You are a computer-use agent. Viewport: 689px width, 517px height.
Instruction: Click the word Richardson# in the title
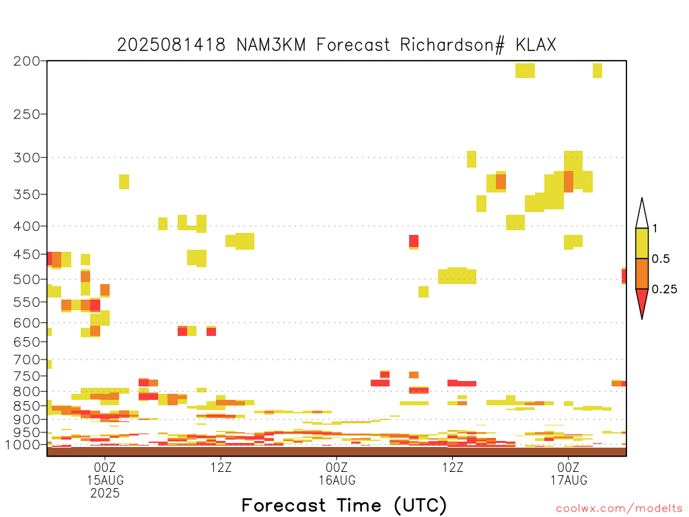coord(451,45)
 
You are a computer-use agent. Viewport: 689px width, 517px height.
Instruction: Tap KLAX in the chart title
coord(536,45)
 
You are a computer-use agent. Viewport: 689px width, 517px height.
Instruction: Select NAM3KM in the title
coord(271,45)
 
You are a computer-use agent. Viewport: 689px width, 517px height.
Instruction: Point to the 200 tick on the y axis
coord(27,61)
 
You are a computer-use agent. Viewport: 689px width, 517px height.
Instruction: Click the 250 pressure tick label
coord(27,114)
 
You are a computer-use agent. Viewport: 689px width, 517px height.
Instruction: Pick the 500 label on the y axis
coord(27,279)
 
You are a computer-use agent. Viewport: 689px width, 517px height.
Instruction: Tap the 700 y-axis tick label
coord(27,359)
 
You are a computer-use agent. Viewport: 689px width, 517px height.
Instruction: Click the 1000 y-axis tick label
coord(24,444)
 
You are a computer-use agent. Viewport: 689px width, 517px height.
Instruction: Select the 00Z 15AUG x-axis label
coord(105,473)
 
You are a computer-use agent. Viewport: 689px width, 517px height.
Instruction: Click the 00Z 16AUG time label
coord(337,473)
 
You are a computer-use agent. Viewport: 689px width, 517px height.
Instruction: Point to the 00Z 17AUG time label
coord(569,473)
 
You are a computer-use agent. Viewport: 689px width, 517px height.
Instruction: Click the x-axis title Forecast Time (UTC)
coord(344,505)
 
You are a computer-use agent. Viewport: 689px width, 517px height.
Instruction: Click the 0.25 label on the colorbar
coord(664,289)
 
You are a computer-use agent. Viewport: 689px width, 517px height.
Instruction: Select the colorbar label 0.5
coord(661,258)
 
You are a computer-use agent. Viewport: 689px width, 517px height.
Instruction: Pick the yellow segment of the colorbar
coord(642,243)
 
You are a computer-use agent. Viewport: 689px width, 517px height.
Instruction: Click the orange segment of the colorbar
coord(642,273)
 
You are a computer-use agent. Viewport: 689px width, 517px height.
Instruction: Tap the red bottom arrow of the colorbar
coord(642,301)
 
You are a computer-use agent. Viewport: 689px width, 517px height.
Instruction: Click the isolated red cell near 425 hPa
coord(414,241)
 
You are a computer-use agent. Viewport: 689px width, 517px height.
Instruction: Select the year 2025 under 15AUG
coord(105,493)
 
